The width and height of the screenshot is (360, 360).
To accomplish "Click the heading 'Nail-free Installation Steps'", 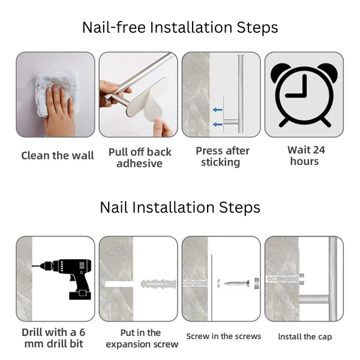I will pos(180,28).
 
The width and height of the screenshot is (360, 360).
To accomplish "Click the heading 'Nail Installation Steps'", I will pos(180,208).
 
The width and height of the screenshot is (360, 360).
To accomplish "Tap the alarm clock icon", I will pos(304,94).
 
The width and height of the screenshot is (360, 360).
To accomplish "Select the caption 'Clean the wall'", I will pos(58,155).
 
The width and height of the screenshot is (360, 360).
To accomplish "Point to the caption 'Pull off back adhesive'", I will pos(139,157).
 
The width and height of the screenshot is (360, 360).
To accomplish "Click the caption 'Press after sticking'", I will pos(221,157).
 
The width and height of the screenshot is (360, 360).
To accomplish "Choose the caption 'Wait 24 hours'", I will pos(304,155).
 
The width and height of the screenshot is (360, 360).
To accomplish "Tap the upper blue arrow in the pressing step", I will pos(217,110).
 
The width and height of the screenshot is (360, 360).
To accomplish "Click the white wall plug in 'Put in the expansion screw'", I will pos(158,283).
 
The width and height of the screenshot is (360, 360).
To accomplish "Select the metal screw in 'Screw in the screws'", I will pos(236,283).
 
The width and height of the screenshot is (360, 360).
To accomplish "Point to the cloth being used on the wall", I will pos(51,90).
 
